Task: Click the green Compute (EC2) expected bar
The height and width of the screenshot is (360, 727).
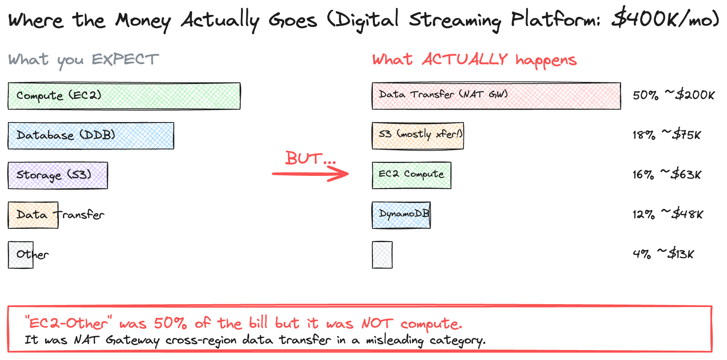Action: click(x=124, y=96)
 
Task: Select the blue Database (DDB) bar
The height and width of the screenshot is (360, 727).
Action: click(x=91, y=136)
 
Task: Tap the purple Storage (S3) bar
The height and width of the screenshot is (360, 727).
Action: click(x=58, y=175)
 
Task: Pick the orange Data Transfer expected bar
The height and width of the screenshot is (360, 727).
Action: click(x=33, y=215)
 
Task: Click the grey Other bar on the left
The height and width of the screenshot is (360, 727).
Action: click(x=21, y=255)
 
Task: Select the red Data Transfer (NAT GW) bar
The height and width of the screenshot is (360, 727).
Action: click(x=496, y=96)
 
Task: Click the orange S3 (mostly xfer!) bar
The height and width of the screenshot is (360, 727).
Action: click(x=418, y=136)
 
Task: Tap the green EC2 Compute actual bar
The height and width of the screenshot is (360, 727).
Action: click(x=412, y=175)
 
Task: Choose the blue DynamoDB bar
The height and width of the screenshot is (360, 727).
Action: click(x=401, y=215)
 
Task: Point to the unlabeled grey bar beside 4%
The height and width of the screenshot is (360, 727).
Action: click(x=382, y=255)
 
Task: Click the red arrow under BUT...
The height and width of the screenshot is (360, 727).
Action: click(x=310, y=174)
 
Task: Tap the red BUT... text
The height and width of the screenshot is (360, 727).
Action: click(x=310, y=158)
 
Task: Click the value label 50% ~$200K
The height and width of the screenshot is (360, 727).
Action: click(x=674, y=95)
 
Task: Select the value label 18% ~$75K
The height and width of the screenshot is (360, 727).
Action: click(x=667, y=135)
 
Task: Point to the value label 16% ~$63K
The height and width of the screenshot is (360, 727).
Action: click(x=667, y=175)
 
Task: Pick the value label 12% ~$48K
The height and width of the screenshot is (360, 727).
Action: click(x=667, y=214)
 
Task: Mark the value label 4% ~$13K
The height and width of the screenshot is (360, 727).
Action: click(x=663, y=254)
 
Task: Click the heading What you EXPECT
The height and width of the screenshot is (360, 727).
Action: click(x=84, y=60)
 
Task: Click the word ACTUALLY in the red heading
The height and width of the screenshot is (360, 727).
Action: click(x=464, y=60)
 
